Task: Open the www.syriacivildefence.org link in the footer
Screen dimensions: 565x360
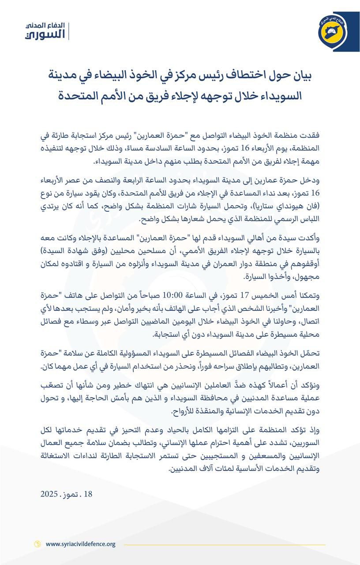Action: [80, 544]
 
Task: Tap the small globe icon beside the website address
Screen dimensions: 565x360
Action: [37, 544]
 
